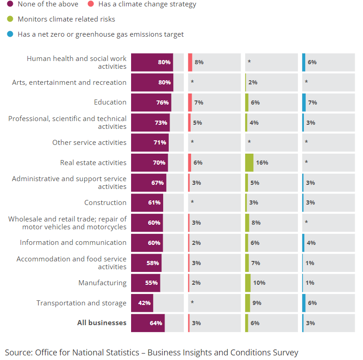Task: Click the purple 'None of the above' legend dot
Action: [x=10, y=4]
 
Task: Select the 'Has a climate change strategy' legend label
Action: [x=147, y=4]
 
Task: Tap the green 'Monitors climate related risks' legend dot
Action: [x=10, y=19]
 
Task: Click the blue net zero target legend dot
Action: [x=10, y=34]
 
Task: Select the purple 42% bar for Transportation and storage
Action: [x=142, y=303]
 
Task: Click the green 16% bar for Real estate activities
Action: [x=249, y=162]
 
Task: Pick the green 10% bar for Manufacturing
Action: [x=248, y=283]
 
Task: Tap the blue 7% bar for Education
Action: [x=304, y=102]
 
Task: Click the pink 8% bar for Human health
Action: [x=190, y=62]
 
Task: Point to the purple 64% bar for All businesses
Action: [x=148, y=323]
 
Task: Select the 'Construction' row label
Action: [x=105, y=203]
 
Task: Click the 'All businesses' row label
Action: [x=102, y=323]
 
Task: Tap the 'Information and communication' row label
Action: [x=73, y=243]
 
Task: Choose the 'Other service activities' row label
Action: [x=89, y=143]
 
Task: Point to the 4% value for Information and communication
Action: [x=311, y=243]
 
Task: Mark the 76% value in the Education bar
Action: [x=162, y=103]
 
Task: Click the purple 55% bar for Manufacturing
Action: [x=145, y=283]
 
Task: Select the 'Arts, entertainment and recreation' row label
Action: [x=69, y=83]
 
